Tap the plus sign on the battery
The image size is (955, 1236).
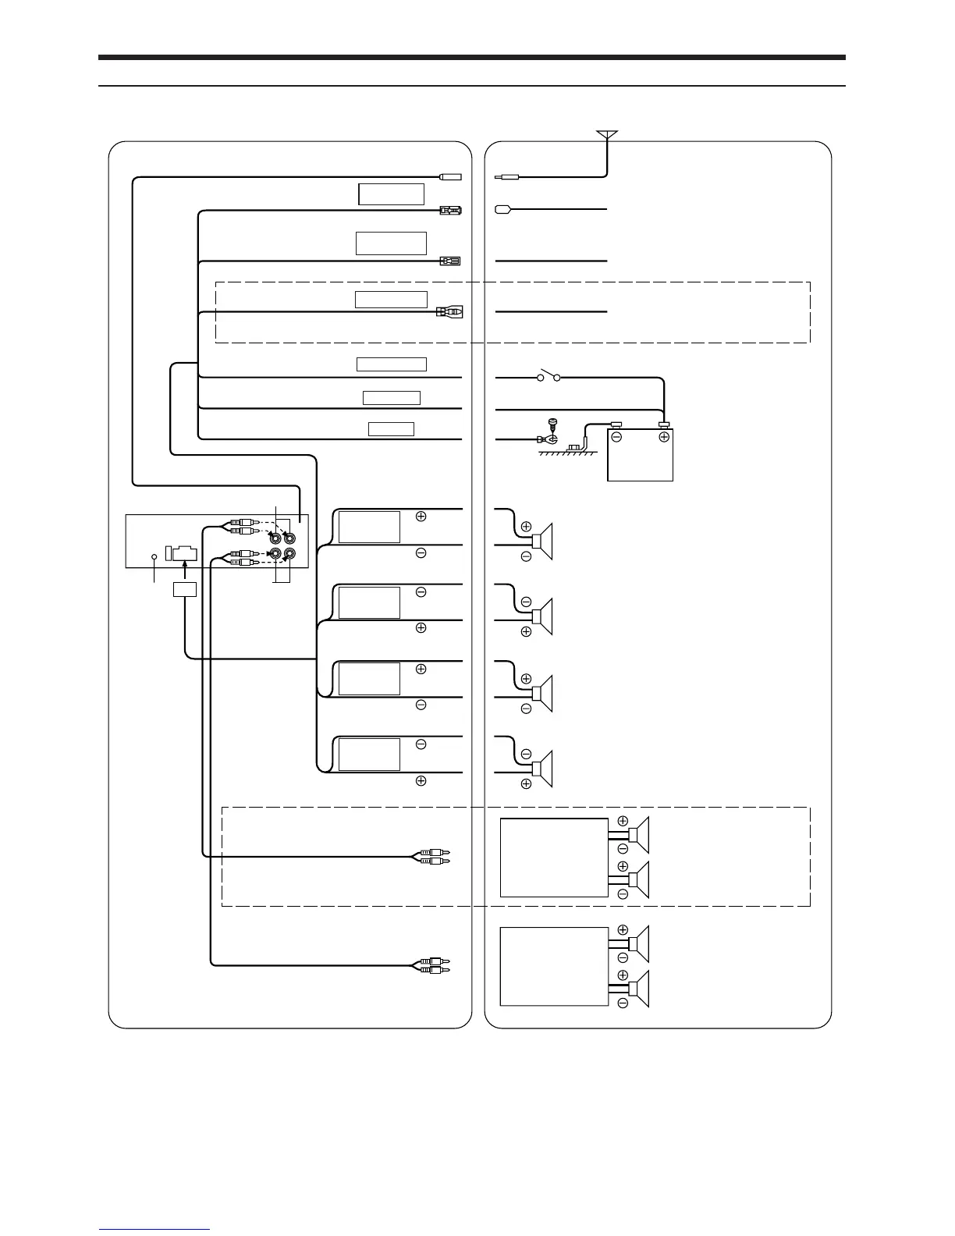tap(664, 437)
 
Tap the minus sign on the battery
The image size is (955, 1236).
tap(616, 437)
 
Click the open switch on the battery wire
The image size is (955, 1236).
tap(548, 378)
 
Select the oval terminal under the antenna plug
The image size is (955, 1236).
tap(502, 209)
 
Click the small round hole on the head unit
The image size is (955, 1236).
tap(154, 556)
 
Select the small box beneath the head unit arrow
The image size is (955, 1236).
tap(184, 589)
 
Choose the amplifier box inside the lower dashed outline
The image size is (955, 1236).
tap(553, 858)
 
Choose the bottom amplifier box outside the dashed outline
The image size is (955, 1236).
tap(553, 966)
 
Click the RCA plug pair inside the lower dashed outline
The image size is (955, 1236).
tap(431, 858)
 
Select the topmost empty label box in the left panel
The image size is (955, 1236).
tap(391, 194)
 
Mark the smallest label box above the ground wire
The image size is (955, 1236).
tap(391, 428)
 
